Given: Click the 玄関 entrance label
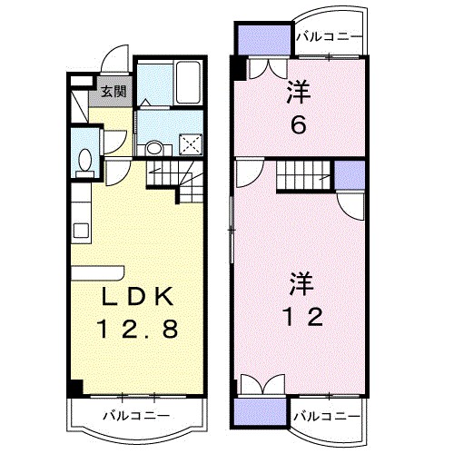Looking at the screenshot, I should pyautogui.click(x=113, y=91).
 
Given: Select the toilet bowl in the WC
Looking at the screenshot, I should pyautogui.click(x=84, y=160).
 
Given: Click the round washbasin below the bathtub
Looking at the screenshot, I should pyautogui.click(x=154, y=148).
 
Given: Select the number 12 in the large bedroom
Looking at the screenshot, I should pyautogui.click(x=301, y=317).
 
